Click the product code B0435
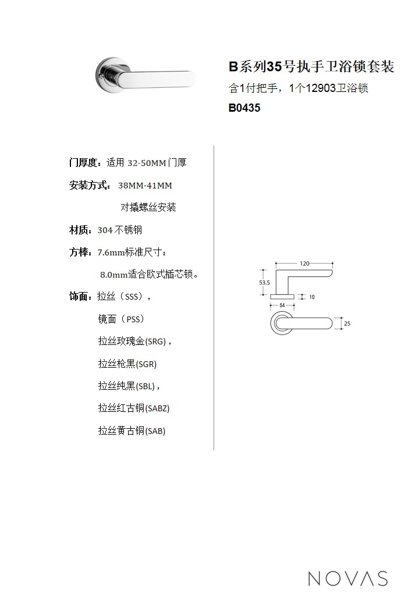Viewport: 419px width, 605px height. [244, 108]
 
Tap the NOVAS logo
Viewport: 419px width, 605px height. [348, 578]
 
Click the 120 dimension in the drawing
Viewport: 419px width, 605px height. [304, 264]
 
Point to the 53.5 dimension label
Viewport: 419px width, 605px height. [264, 283]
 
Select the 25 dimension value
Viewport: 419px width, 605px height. [347, 323]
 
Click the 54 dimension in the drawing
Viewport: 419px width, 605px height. [282, 305]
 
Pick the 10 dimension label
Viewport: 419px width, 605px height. [312, 297]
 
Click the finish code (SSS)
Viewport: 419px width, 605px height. [132, 296]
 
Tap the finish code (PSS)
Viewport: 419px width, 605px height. [133, 319]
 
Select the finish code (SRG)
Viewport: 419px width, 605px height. [155, 341]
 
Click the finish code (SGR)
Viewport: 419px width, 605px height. [146, 364]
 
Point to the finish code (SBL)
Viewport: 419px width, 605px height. [145, 386]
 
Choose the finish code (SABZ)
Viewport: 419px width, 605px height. [157, 408]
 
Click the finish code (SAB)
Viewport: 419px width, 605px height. [155, 431]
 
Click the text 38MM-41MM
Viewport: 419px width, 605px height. [145, 186]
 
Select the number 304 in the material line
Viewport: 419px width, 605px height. [105, 230]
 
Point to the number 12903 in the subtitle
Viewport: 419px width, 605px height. [321, 88]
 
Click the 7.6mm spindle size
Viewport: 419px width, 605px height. [111, 252]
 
